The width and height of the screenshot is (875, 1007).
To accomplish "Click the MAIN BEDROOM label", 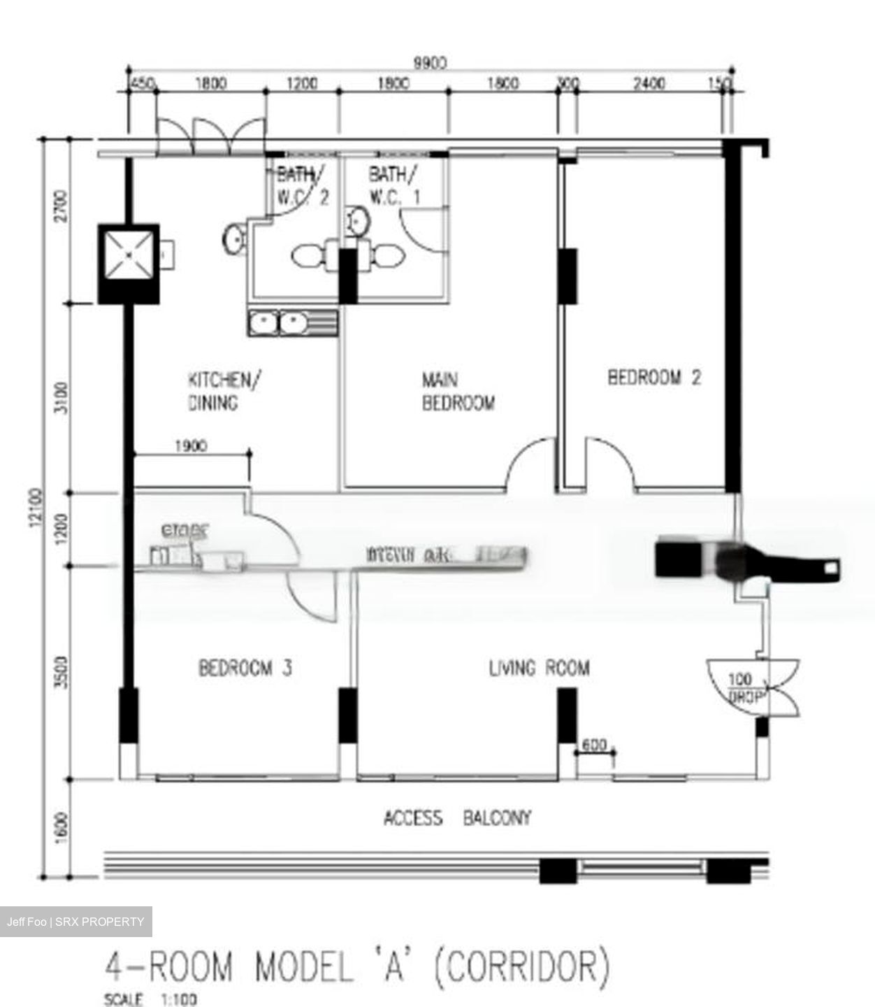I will pos(458,392).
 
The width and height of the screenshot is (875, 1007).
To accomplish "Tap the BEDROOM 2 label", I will pos(654,378).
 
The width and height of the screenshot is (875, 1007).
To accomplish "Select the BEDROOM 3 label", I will pos(245,668).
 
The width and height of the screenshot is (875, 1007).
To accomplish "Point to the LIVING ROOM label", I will pos(539,668).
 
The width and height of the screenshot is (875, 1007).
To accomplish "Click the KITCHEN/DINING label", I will pos(224,391).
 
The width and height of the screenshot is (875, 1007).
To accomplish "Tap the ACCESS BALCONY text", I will pos(457,817).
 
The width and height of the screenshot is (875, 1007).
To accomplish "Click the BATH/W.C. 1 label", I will pos(395,185).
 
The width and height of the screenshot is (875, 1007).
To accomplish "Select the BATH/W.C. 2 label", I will pos(302,185).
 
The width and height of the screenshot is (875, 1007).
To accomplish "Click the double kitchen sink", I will pos(291,323).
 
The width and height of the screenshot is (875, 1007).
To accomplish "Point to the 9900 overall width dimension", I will pos(430,64).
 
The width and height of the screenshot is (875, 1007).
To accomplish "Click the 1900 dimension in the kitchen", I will pos(190,446).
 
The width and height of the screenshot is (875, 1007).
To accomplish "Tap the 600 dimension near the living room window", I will pos(594,745).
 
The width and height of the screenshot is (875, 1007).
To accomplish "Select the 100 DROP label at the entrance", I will pos(742,687).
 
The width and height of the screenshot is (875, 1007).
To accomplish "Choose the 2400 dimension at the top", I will pos(649,84).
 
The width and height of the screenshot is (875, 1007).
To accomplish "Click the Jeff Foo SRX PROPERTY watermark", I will pos(75,922).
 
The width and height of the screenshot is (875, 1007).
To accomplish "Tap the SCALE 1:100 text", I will pos(150,999).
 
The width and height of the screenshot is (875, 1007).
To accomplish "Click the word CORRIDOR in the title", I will pos(521,966).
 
